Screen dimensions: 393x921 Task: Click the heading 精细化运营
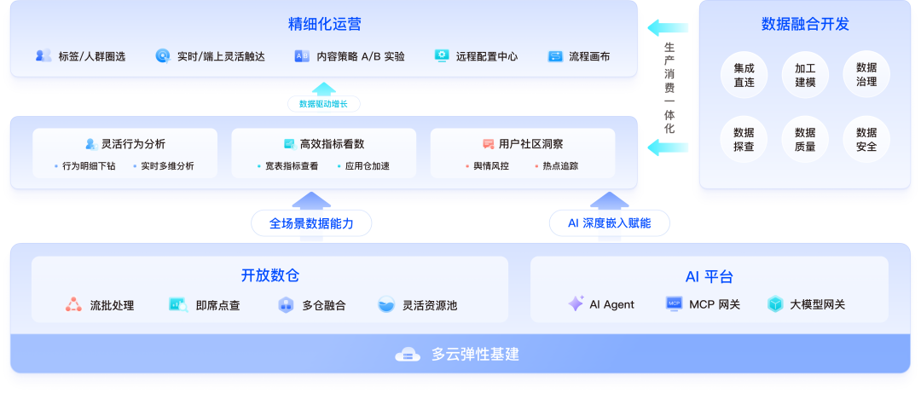[x=324, y=24]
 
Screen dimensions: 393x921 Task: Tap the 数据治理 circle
[x=866, y=75]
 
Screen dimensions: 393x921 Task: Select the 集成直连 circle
[x=744, y=75]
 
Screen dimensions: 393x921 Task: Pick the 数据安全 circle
[x=866, y=140]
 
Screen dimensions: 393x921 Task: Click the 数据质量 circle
[x=805, y=140]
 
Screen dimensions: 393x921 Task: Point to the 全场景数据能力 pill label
[x=310, y=223]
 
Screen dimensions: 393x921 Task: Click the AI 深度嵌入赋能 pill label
[x=609, y=223]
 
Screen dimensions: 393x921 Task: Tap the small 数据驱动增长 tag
[x=323, y=104]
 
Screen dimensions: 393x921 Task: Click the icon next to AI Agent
[x=576, y=303]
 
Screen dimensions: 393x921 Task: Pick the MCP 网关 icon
[x=674, y=303]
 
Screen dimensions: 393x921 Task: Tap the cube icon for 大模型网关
[x=774, y=303]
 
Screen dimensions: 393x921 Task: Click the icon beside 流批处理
[x=74, y=304]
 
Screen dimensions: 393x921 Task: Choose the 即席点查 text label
[x=217, y=305]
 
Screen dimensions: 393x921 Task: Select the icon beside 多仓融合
[x=286, y=304]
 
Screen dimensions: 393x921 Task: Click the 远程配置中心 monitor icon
[x=442, y=56]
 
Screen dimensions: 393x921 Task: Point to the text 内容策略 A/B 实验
[x=361, y=56]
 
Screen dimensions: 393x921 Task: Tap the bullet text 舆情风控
[x=490, y=165]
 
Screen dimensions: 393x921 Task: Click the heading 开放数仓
[x=269, y=275]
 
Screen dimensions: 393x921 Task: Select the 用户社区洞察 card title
[x=530, y=143]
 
